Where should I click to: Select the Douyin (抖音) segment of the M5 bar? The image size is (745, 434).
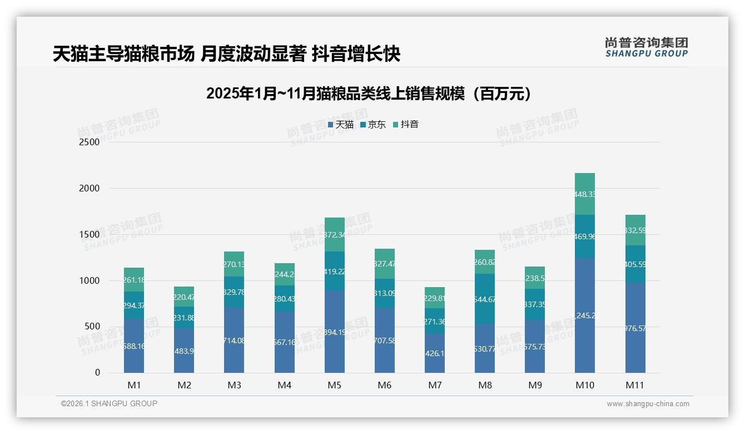[x=335, y=234]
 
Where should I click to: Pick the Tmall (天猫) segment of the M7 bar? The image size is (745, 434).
[x=435, y=353]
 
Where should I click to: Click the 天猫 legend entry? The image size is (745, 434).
[x=341, y=125]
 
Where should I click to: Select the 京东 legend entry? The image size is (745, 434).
[x=373, y=125]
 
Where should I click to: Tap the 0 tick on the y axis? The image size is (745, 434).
[x=97, y=373]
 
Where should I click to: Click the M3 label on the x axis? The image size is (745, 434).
[x=234, y=385]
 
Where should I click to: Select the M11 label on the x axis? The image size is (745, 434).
[x=635, y=385]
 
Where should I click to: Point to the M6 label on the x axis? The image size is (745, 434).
[x=384, y=385]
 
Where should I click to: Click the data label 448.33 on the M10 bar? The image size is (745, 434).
[x=585, y=194]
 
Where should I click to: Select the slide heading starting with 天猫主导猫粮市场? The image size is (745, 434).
[x=226, y=54]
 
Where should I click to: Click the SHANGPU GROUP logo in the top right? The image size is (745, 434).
[x=646, y=47]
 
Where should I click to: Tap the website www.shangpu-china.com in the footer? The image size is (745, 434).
[x=648, y=404]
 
